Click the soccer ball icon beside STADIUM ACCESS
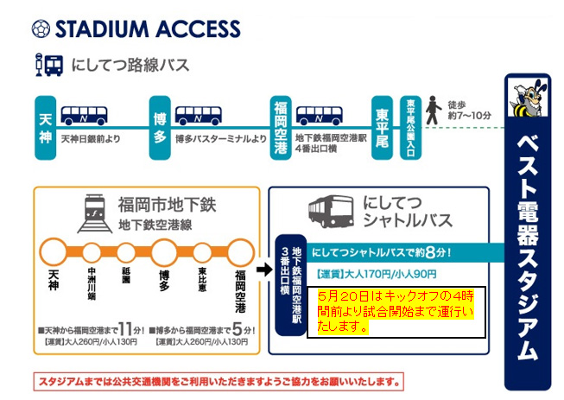pyautogui.click(x=41, y=29)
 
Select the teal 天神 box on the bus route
pyautogui.click(x=46, y=128)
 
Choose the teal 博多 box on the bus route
pyautogui.click(x=159, y=128)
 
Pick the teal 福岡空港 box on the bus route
pyautogui.click(x=279, y=128)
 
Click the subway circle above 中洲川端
pyautogui.click(x=90, y=253)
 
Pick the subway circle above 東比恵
pyautogui.click(x=200, y=253)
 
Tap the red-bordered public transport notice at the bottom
pyautogui.click(x=218, y=381)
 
